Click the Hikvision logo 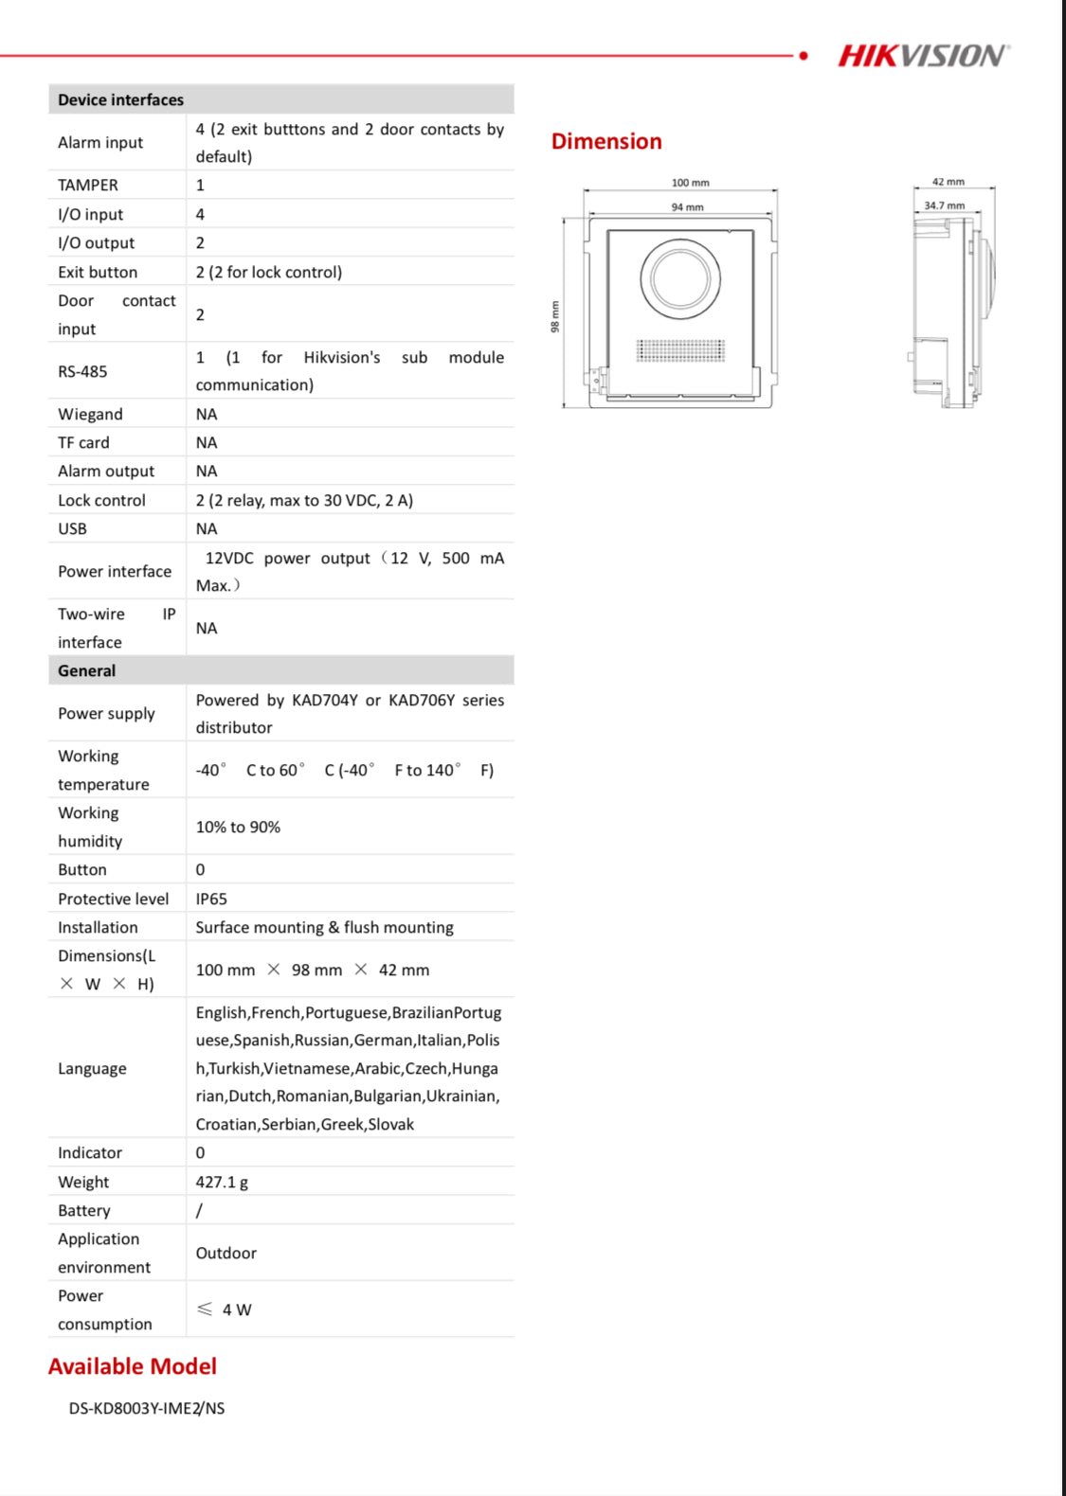[x=923, y=56]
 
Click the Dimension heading [x=606, y=141]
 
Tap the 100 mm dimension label [x=690, y=183]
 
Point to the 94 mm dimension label [x=687, y=206]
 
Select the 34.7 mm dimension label [x=944, y=205]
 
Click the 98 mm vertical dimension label [x=555, y=316]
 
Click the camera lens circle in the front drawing [x=680, y=278]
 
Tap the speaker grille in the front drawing [x=680, y=350]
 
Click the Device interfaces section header [x=120, y=99]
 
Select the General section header [x=86, y=670]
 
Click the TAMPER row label [x=88, y=185]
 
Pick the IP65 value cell [x=211, y=899]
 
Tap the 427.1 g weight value [x=222, y=1182]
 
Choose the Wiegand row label [x=90, y=414]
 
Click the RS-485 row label [x=82, y=371]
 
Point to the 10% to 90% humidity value [x=238, y=827]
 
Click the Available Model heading [x=133, y=1366]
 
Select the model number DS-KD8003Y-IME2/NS [x=147, y=1408]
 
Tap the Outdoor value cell [x=226, y=1253]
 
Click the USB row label [x=72, y=528]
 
